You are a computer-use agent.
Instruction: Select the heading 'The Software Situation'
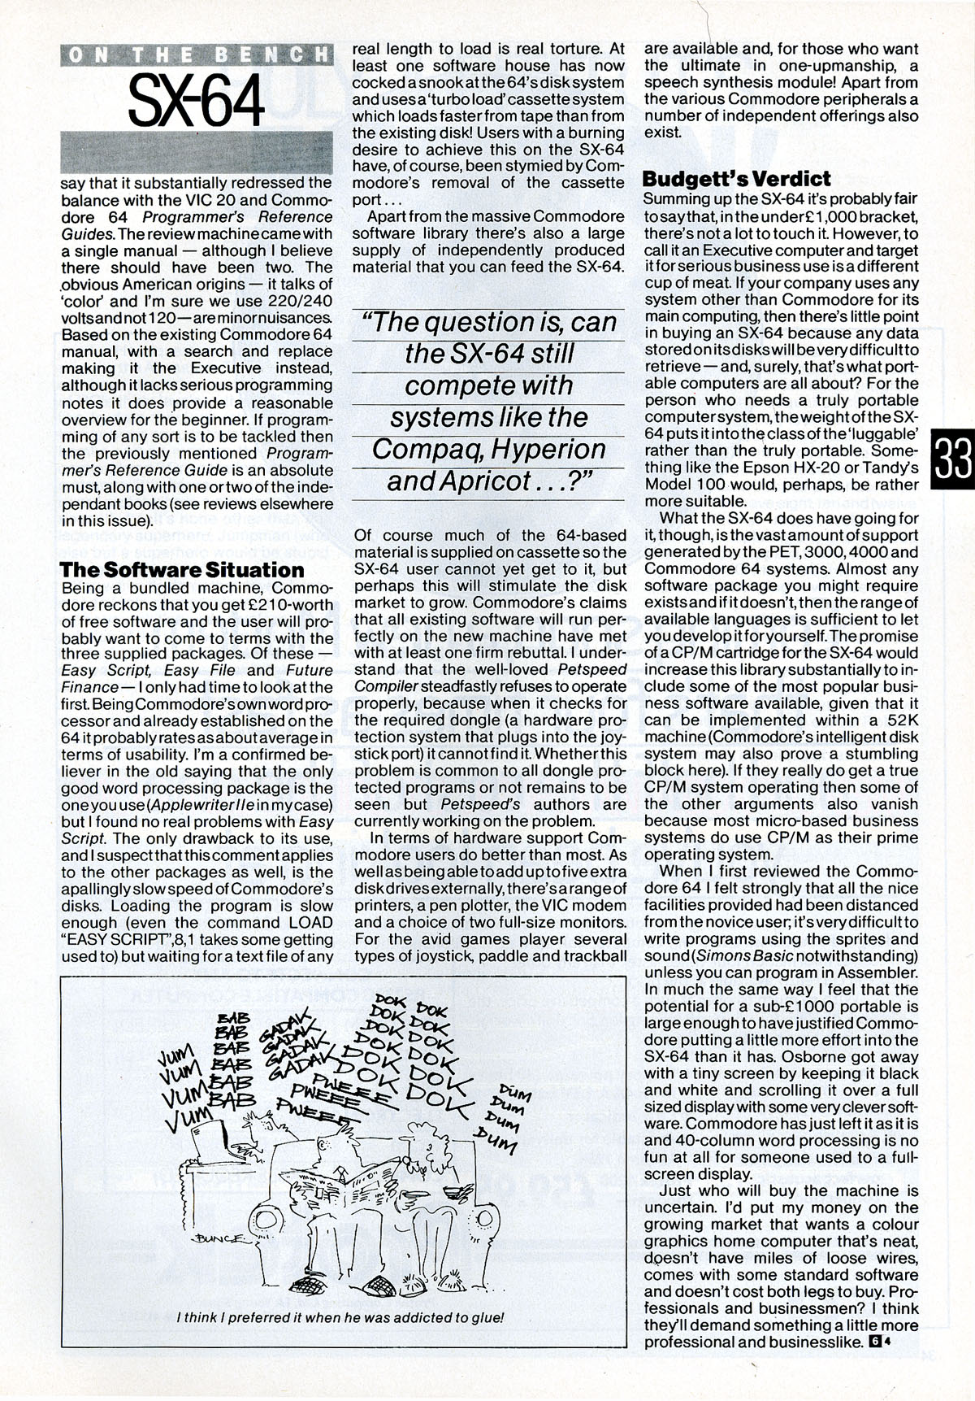point(182,569)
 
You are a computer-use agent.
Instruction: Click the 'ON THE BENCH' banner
point(197,54)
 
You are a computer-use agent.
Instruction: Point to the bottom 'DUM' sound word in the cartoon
point(498,1145)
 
